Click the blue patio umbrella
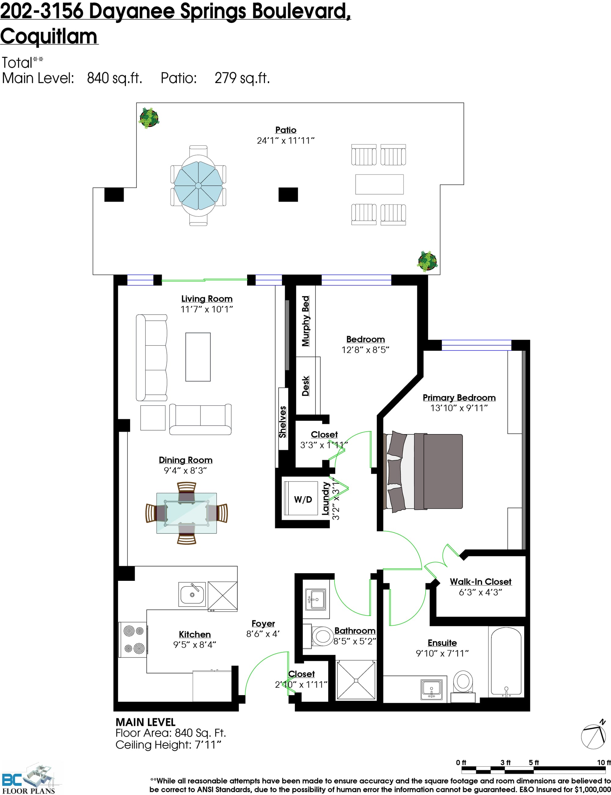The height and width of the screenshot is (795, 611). (198, 185)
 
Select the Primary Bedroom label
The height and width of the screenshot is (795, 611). (459, 397)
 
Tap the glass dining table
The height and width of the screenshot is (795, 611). (187, 513)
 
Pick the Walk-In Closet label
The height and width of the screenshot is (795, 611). (481, 581)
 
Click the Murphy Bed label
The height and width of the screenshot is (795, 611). (305, 321)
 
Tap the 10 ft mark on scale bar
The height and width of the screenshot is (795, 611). (604, 763)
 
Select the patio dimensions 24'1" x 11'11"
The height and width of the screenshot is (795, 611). (286, 140)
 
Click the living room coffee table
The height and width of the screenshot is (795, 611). (198, 357)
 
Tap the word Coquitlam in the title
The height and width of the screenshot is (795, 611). (49, 37)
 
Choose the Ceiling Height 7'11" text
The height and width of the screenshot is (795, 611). (168, 745)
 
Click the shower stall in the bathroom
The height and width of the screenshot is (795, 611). (356, 680)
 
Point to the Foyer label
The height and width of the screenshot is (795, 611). (263, 623)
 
